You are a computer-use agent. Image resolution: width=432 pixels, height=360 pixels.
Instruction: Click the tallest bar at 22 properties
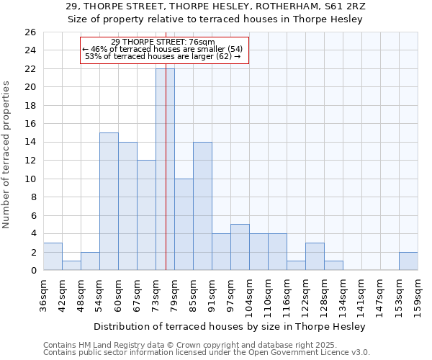coord(165,169)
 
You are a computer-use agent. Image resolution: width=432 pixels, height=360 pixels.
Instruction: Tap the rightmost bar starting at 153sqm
coord(408,261)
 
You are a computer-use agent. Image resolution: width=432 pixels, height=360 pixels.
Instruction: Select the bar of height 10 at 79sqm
coord(184,225)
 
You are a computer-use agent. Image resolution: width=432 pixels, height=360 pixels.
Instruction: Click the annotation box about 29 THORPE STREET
coord(163,50)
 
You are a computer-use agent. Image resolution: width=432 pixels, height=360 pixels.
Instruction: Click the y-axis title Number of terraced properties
coord(6,154)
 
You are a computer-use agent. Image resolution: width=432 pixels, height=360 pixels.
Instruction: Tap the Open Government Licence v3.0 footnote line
coord(206,353)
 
